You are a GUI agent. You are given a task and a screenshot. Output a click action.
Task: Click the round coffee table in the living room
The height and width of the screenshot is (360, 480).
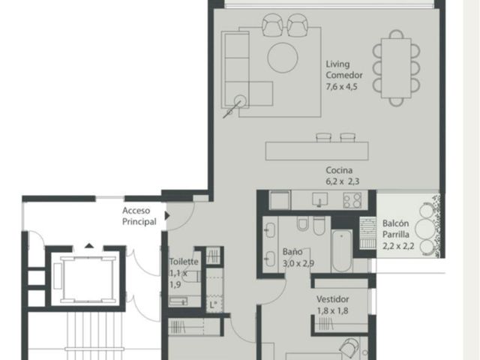283,58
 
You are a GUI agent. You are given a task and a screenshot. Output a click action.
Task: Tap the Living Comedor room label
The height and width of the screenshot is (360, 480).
343,70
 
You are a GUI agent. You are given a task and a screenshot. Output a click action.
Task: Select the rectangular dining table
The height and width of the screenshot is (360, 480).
396,68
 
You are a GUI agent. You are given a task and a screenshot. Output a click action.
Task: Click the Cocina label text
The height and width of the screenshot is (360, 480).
339,170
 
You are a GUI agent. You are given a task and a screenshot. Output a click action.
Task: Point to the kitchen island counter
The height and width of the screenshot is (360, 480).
316,151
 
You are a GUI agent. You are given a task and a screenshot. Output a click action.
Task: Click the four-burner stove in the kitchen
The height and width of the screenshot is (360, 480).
352,200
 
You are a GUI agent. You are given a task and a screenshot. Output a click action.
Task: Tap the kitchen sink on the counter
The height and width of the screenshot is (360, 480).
319,199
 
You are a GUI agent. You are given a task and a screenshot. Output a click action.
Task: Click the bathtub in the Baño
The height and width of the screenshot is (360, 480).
342,250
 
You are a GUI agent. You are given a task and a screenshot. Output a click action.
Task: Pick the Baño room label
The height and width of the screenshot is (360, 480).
292,252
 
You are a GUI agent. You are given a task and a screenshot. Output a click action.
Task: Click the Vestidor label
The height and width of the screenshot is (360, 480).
332,299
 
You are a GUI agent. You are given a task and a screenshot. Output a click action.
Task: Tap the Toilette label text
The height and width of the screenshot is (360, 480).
184,262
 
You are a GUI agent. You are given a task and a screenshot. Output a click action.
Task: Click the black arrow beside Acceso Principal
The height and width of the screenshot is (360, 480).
167,215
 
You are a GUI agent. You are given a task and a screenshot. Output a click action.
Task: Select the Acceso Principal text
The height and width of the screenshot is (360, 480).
139,216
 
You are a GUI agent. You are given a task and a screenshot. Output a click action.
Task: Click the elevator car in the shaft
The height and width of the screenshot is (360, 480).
88,280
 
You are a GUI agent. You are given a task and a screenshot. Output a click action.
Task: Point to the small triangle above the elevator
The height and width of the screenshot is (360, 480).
89,245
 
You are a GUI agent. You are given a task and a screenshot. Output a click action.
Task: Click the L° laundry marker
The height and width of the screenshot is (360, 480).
213,305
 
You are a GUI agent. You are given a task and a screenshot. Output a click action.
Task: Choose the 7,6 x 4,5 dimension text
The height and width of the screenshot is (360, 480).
341,87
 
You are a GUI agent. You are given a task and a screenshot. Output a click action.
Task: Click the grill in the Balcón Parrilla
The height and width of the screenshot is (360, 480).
367,232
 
